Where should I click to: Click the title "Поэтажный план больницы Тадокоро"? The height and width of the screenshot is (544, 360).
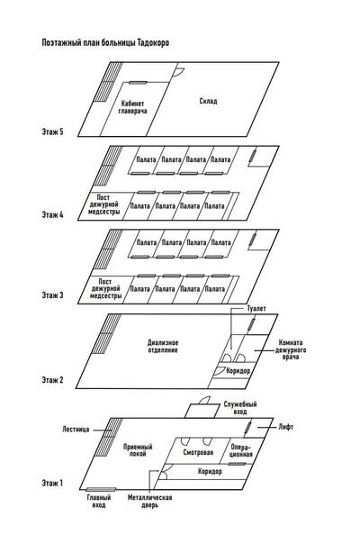pos(105,42)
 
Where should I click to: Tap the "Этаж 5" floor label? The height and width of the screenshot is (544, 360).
pos(53,131)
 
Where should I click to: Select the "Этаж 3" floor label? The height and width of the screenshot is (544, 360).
pos(53,295)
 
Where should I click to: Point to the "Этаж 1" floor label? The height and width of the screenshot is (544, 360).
pos(52,483)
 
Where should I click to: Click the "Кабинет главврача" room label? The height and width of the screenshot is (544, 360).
pos(133,107)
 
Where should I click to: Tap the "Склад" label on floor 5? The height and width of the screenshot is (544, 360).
pos(208,101)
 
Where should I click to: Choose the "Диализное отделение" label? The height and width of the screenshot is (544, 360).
pos(163,346)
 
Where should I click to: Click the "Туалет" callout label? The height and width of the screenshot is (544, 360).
pos(256,308)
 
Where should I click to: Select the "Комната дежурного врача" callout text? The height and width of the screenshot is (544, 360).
pos(291,349)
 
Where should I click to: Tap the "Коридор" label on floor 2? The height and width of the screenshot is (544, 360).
pos(238,371)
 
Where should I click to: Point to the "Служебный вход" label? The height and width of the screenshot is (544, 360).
pos(240,408)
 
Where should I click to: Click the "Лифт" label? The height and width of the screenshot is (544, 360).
pos(286,427)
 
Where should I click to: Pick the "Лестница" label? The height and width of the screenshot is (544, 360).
pos(76,429)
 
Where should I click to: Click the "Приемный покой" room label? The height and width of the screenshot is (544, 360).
pos(138,450)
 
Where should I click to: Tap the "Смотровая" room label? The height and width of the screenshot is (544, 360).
pos(198,452)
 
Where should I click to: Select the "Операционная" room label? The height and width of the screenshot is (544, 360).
pos(241,450)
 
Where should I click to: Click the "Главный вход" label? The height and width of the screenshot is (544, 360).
pos(99,502)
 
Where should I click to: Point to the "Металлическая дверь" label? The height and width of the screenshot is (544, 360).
pos(149,502)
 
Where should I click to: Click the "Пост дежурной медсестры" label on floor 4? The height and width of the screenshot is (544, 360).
pos(103,204)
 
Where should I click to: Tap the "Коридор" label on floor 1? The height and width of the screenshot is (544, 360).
pos(210,471)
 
